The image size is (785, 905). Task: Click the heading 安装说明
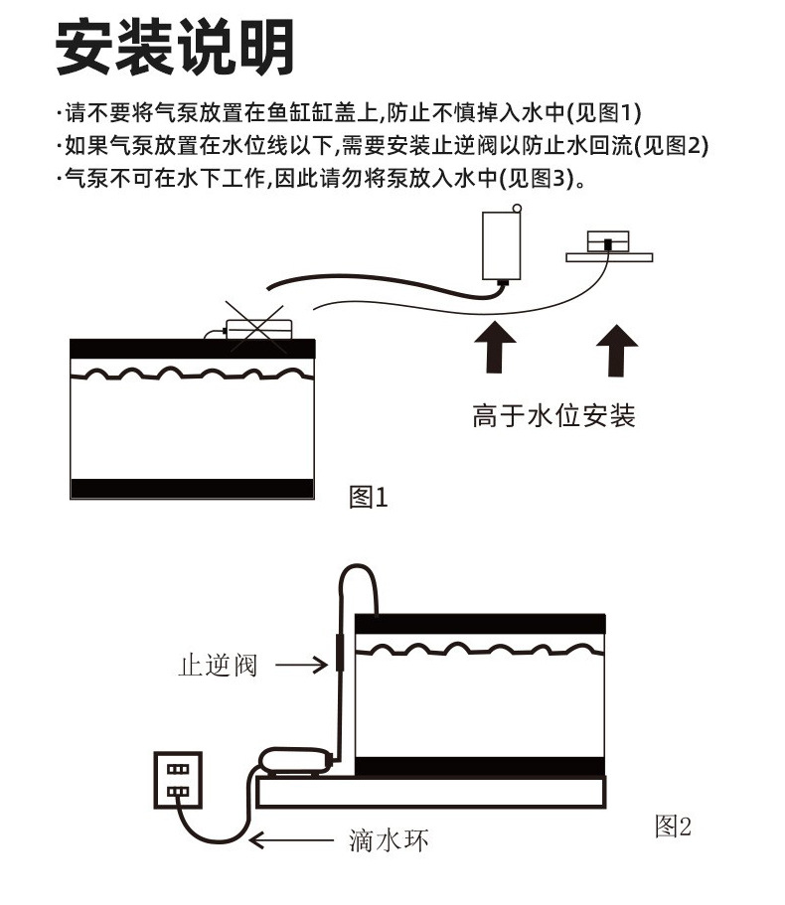[x=175, y=48]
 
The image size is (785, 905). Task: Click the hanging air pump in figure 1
[x=502, y=245]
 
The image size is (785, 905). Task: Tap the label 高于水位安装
[x=553, y=415]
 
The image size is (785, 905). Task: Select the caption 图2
[x=673, y=826]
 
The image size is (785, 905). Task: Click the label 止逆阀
[x=218, y=665]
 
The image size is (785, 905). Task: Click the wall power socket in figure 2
[x=176, y=780]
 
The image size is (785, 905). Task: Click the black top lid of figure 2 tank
[x=480, y=622]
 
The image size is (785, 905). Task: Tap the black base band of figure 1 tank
[x=192, y=489]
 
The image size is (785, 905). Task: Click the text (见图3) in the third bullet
[x=536, y=179]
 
